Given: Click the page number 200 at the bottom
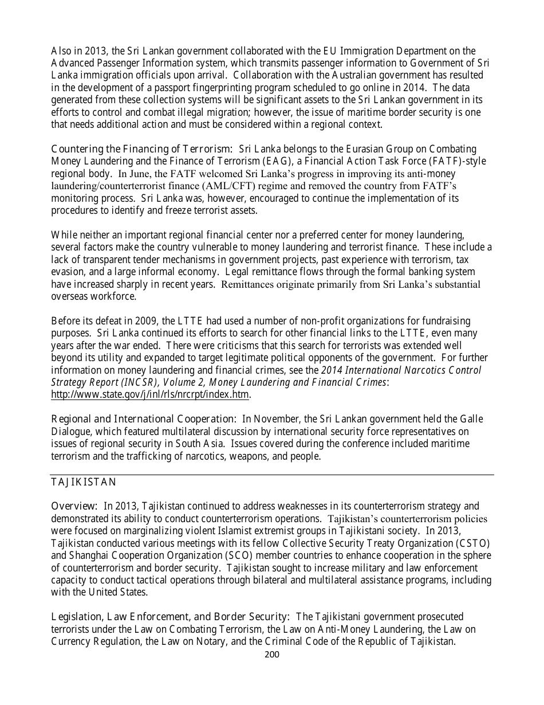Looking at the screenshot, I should [272, 654].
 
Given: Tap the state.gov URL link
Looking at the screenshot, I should [151, 394].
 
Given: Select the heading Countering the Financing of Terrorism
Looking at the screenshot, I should [142, 149].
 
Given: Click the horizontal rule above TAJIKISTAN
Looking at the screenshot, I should [272, 475].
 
